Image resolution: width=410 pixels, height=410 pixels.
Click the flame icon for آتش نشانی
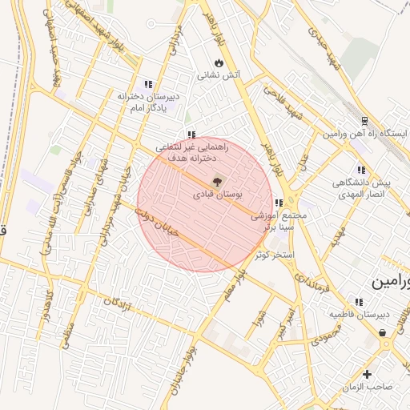click(219, 62)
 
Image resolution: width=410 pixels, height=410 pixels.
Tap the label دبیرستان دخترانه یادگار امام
click(148, 101)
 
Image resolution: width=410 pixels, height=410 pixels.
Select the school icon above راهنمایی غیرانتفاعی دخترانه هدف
click(191, 135)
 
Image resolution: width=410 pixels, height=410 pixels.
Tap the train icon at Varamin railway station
click(365, 120)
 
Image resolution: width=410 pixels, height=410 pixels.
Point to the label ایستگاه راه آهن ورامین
click(365, 133)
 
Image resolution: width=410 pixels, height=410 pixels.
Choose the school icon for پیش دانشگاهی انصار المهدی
click(361, 170)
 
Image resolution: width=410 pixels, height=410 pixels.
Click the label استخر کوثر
click(275, 255)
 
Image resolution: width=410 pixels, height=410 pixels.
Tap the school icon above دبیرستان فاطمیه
click(358, 302)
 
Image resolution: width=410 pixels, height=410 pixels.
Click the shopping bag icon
click(383, 332)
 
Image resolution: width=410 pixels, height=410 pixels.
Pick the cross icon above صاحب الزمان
click(367, 374)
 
